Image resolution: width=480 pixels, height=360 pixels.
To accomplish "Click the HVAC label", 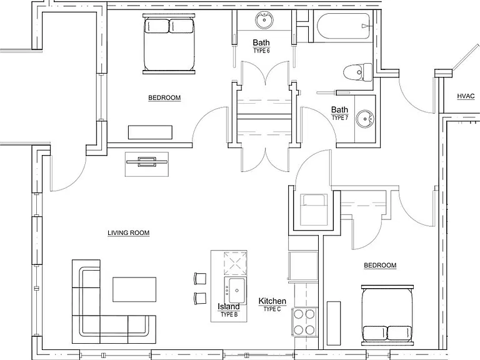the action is click(x=466, y=96).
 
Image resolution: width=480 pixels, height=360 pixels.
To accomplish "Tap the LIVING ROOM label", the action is click(x=129, y=233).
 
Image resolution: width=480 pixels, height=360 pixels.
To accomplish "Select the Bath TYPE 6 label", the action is click(x=261, y=46).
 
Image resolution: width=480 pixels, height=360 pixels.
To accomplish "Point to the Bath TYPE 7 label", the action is click(x=339, y=113).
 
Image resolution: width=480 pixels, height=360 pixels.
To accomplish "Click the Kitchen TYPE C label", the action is click(x=272, y=304).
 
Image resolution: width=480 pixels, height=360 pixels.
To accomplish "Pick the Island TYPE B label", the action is click(x=229, y=310).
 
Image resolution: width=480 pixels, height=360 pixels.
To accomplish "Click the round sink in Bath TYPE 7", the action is click(x=364, y=119).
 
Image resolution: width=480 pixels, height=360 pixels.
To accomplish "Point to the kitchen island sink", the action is click(x=235, y=290).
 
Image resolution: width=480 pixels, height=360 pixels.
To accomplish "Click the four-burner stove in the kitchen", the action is click(x=304, y=322).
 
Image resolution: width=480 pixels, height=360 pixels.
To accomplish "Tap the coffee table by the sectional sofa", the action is click(x=134, y=289).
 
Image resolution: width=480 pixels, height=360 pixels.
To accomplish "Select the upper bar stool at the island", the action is click(x=200, y=279).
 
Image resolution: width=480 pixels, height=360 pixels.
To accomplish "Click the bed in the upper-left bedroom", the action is click(x=169, y=44).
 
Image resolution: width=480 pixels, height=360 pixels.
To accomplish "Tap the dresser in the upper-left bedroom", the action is click(x=150, y=132).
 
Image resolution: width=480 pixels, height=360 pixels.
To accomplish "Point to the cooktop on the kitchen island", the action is click(x=235, y=263).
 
